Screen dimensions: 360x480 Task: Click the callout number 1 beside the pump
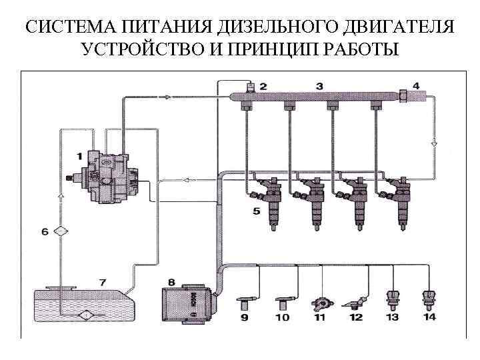pos(79,156)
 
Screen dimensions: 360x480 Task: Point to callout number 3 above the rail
pos(319,85)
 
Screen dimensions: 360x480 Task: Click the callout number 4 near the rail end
pos(416,85)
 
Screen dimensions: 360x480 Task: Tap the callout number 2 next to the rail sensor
pos(263,86)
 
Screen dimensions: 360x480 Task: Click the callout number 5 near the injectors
pos(257,211)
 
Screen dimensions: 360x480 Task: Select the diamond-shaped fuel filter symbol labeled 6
pos(61,231)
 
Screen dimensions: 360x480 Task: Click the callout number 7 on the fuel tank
pos(103,282)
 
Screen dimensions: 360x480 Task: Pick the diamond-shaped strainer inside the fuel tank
pos(86,314)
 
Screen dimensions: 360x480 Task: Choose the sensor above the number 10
pos(283,303)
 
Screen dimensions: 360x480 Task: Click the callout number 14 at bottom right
pos(429,317)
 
